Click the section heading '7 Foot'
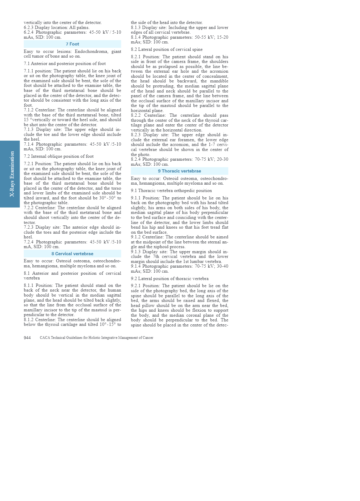pos(72,44)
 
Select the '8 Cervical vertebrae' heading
pos(72,254)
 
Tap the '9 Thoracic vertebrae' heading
pos(179,171)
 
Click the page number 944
pos(27,338)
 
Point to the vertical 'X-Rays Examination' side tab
pos(12,174)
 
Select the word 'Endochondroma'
pos(91,51)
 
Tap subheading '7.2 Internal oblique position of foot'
pos(59,156)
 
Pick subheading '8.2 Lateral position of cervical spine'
pos(167,49)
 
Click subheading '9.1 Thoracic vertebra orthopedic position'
pos(171,191)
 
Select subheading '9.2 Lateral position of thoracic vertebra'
pos(170,279)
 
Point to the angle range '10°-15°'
pos(107,324)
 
